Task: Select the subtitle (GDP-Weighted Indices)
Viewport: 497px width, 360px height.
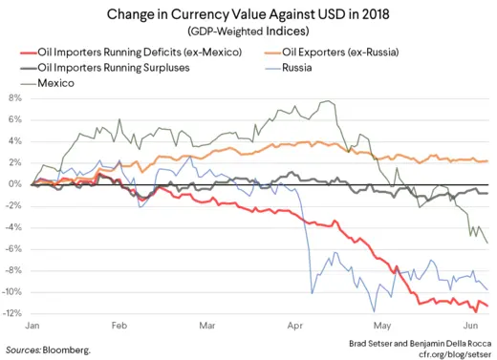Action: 248,32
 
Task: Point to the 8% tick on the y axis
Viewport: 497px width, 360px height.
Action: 15,98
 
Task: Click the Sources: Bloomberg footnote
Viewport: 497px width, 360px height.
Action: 49,350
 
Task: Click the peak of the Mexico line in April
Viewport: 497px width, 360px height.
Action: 330,101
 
